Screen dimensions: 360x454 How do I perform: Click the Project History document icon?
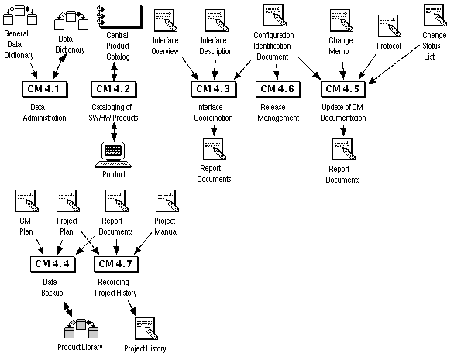(145, 328)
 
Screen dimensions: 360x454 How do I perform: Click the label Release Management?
(277, 112)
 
